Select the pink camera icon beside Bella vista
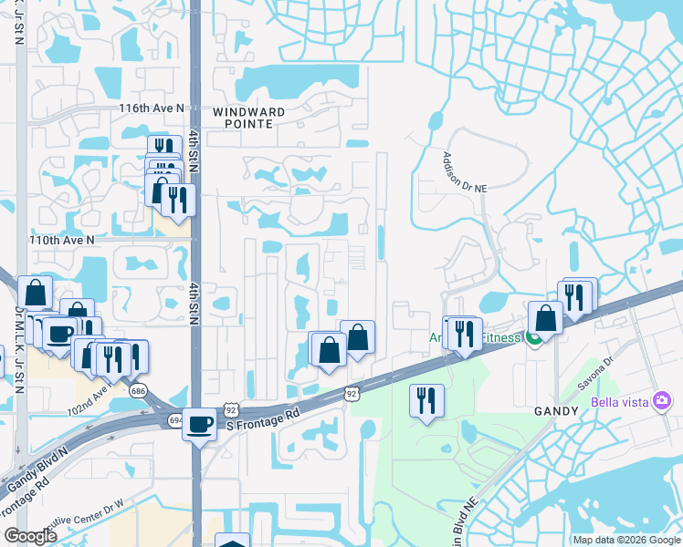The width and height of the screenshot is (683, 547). (x=664, y=400)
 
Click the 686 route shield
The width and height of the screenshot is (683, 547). (x=139, y=390)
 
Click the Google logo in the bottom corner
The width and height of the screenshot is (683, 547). (x=30, y=535)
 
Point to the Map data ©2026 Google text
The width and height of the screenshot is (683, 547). (x=627, y=540)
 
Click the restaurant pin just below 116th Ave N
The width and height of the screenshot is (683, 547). (x=163, y=149)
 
